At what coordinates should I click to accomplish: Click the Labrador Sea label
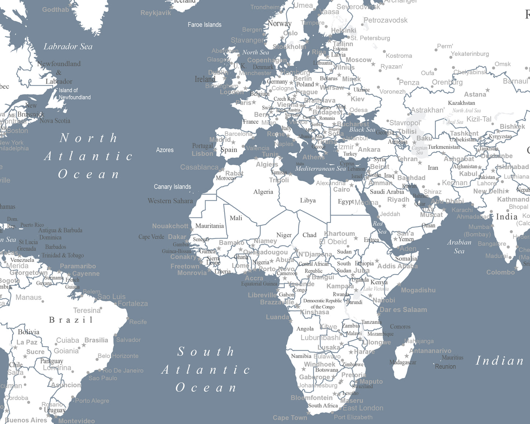pos(68,47)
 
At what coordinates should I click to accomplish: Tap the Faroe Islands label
pos(204,25)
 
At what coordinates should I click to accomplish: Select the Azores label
pos(165,150)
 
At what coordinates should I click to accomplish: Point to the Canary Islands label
pos(172,187)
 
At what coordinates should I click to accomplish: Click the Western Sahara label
pos(170,201)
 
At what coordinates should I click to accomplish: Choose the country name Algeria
pos(263,192)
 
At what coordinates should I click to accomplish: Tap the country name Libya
pos(308,201)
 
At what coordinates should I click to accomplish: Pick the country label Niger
pos(284,235)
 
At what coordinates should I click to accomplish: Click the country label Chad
pos(309,235)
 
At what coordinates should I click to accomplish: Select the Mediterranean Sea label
pos(320,169)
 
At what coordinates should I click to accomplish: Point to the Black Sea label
pos(362,129)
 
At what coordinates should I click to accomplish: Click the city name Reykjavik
pos(156,13)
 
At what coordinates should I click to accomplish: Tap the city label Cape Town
pos(290,418)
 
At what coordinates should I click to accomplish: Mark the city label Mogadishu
pos(418,290)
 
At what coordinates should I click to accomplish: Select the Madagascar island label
pos(402,362)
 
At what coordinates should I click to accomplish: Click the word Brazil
pos(71,320)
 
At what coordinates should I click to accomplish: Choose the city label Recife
pos(138,322)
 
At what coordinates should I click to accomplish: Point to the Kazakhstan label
pos(461,103)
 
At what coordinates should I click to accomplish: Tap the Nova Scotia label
pos(55,121)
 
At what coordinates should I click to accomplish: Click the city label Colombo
pos(500,272)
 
